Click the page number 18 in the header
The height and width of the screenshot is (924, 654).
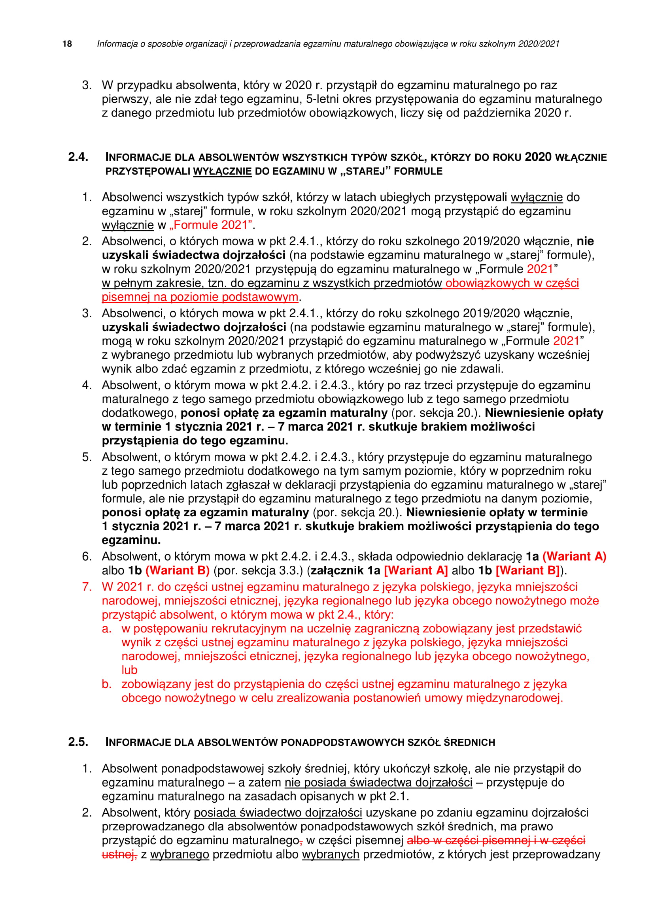(x=67, y=44)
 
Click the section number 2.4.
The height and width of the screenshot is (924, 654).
(x=78, y=157)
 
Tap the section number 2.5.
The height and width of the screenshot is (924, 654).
(x=78, y=742)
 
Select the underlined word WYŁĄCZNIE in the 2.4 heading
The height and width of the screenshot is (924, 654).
(x=222, y=171)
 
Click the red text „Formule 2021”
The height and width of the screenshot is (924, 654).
(x=211, y=225)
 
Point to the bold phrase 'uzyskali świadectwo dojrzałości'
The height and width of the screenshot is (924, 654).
(x=194, y=327)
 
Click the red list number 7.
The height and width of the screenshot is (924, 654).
(x=87, y=587)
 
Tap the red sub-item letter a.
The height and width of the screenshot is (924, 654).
(x=106, y=629)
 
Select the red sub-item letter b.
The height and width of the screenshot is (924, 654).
(x=106, y=684)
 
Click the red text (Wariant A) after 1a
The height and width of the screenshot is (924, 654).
(x=574, y=557)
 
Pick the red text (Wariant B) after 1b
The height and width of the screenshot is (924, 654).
(x=178, y=571)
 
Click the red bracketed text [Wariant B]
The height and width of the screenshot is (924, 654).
(x=527, y=571)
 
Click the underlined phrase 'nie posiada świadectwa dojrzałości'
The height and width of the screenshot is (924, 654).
(x=378, y=783)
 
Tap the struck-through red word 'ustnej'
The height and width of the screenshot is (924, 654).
(x=118, y=854)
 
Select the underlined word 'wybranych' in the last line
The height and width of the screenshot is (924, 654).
(x=330, y=854)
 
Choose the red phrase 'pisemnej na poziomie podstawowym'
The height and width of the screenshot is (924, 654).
(x=200, y=297)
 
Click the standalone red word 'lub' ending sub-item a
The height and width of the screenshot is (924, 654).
(x=129, y=670)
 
